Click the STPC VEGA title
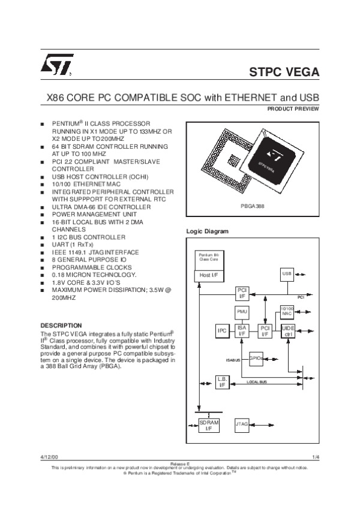pos(284,73)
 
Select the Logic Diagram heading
pos(208,231)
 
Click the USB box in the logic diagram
pos(287,274)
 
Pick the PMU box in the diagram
pos(242,312)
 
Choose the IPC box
pos(221,331)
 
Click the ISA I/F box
pos(242,331)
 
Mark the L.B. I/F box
pos(221,382)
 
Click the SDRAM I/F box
pos(209,426)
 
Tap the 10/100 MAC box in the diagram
pos(287,311)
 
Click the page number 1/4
pos(316,458)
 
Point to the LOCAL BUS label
pos(257,381)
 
